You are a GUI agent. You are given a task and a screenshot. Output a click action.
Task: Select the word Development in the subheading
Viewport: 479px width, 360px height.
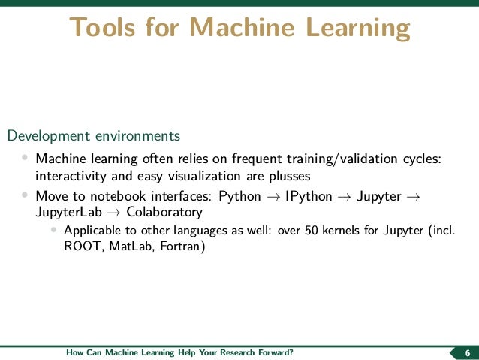pyautogui.click(x=48, y=136)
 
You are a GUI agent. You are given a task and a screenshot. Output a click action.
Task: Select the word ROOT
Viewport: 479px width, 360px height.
pyautogui.click(x=76, y=246)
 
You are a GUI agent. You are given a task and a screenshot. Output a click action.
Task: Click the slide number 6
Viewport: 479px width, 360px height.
pyautogui.click(x=468, y=353)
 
